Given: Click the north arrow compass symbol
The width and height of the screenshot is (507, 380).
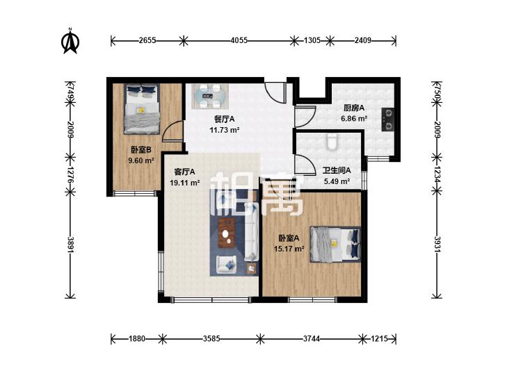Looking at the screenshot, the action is [x=70, y=41].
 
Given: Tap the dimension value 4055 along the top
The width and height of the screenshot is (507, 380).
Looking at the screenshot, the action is [x=239, y=40].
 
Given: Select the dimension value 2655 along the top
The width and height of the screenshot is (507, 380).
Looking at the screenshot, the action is [x=147, y=40].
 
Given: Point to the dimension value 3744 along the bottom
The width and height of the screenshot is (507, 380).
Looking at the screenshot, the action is [x=312, y=339].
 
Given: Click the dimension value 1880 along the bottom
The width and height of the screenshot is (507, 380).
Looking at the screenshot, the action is [x=137, y=339].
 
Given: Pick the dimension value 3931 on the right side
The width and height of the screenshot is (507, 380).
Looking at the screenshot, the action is [x=437, y=245].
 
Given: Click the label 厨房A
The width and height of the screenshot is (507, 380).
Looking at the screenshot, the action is [x=354, y=108].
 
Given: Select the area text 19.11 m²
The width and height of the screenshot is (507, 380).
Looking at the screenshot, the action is [x=184, y=183].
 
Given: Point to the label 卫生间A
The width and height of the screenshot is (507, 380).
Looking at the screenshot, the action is [x=337, y=170].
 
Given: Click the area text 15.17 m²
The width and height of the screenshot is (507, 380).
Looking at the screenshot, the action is [x=289, y=249].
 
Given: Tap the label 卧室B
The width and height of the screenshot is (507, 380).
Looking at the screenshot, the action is [x=141, y=150].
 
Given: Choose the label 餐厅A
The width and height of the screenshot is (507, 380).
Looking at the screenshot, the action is [x=225, y=119].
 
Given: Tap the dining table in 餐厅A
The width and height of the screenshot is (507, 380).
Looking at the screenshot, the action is [x=209, y=96].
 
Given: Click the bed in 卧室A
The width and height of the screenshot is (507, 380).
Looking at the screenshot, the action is [x=335, y=244].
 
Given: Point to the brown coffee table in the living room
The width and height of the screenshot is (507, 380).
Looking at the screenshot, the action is [x=226, y=233].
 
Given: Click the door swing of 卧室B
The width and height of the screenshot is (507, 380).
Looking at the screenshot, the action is [x=172, y=132].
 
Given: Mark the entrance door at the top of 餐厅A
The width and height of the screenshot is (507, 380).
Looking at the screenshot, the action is [x=275, y=92].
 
